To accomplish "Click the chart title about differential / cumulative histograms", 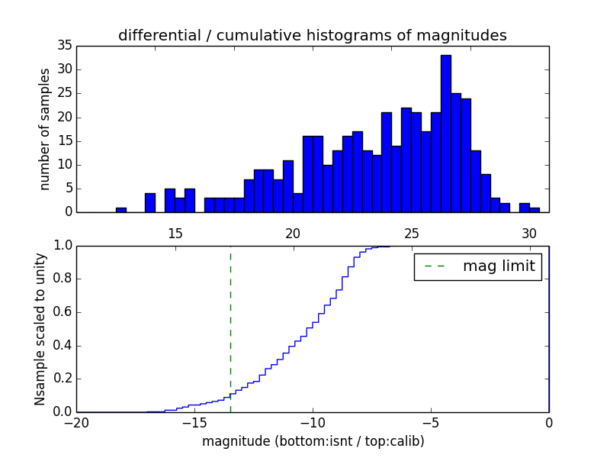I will [312, 36].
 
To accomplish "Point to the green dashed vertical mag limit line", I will [230, 328].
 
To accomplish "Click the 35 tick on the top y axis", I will [64, 46].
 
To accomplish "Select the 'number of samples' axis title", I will [45, 128].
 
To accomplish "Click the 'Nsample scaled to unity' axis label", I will [40, 328].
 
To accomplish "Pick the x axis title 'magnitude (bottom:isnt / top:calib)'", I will [313, 441].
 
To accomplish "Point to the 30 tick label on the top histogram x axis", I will [529, 234].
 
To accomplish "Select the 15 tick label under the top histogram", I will [175, 234].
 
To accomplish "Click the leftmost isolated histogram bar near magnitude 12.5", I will [121, 210].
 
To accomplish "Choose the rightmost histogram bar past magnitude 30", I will [535, 210].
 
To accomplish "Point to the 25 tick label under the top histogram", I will [412, 234].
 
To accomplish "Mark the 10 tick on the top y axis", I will [64, 165].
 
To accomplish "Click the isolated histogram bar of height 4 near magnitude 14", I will [150, 203].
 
